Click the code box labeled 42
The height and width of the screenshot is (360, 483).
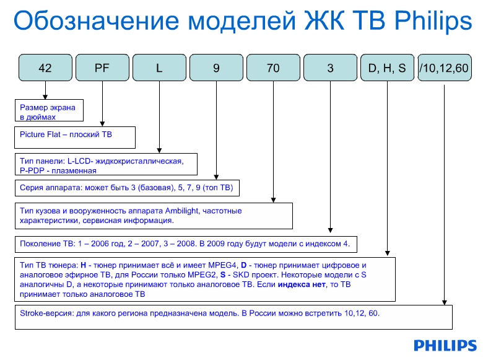pos(45,68)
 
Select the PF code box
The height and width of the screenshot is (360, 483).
pos(102,68)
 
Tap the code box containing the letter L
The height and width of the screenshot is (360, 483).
pos(159,68)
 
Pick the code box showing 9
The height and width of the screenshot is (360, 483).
pos(216,68)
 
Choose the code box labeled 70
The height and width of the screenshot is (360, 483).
pos(273,68)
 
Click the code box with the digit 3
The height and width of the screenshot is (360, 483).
pos(330,68)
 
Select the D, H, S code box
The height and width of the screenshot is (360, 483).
pos(387,68)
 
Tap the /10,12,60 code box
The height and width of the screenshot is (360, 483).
pos(445,68)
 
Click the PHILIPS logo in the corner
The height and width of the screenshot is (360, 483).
pos(445,346)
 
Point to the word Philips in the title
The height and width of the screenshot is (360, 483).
pos(433,21)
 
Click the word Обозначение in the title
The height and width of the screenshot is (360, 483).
pos(96,21)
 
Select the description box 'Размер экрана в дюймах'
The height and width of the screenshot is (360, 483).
pos(49,110)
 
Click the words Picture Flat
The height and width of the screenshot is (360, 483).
pos(40,134)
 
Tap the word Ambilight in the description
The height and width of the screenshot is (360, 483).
pos(181,211)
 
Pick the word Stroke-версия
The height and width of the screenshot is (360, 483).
pos(46,314)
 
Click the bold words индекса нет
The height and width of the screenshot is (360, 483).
pos(302,284)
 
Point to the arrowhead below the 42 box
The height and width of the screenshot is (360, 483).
pos(45,97)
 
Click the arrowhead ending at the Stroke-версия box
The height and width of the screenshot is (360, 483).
pos(444,302)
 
